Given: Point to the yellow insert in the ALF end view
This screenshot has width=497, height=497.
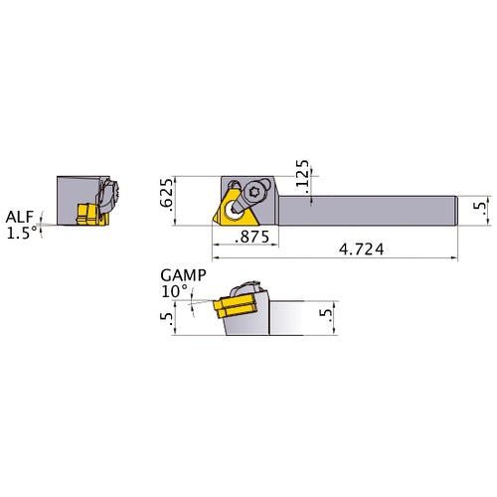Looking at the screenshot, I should pos(86,212).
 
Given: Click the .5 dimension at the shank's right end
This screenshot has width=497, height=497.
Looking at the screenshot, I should pos(478,208).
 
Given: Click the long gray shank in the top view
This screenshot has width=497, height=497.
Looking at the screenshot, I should pos(378,207).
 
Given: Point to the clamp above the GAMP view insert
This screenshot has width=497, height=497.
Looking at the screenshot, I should pos(250,287).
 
